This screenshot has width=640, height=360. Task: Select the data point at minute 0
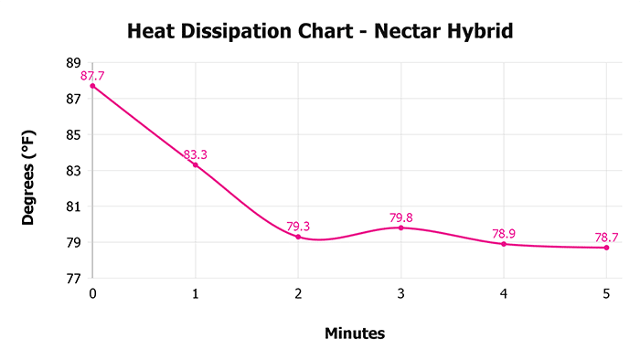click(92, 86)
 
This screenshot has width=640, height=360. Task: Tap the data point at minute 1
click(195, 164)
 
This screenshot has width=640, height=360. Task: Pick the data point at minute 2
click(298, 237)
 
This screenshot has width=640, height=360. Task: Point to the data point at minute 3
click(400, 228)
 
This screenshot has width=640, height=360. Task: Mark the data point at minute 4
click(504, 244)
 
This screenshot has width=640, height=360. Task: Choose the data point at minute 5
click(606, 248)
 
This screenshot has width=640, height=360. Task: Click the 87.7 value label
click(92, 76)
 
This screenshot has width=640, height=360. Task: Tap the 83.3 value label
click(195, 154)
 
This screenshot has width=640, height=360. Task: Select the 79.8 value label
click(401, 217)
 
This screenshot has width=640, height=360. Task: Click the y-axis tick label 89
click(73, 63)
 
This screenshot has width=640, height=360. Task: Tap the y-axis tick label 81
click(73, 206)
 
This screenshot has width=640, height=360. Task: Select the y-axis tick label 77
click(73, 278)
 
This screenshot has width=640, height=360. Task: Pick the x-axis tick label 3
click(400, 293)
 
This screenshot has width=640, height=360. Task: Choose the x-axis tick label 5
click(606, 293)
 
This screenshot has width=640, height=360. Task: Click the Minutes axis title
click(355, 334)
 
